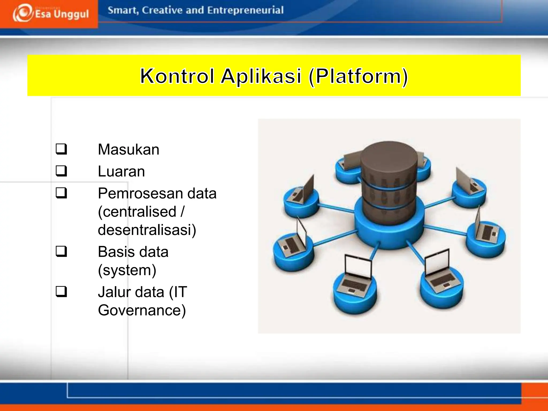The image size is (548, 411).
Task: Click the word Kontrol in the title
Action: [177, 76]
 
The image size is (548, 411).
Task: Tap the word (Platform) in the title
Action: [358, 76]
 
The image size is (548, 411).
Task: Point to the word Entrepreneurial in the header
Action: [245, 10]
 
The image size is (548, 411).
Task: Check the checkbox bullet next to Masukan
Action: [61, 149]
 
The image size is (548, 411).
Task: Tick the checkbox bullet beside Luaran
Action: [61, 171]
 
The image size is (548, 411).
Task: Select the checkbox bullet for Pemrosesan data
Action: [61, 193]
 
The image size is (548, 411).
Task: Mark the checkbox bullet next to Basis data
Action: [61, 252]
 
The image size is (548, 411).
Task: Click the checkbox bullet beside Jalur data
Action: [61, 292]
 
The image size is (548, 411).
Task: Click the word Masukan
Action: [128, 149]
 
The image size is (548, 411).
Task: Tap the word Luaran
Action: [121, 171]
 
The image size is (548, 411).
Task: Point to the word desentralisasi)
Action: [147, 230]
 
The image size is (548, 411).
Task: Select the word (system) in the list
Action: [127, 270]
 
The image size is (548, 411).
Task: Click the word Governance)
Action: [142, 310]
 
